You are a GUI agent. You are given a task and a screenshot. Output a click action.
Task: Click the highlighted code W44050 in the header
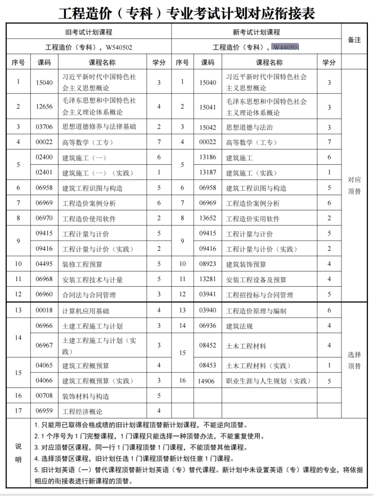pyautogui.click(x=284, y=47)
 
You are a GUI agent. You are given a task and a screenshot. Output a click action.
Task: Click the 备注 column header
pyautogui.click(x=354, y=40)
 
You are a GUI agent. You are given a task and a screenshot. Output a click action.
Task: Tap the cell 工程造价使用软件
pyautogui.click(x=92, y=218)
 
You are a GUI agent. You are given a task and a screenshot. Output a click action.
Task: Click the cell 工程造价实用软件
pyautogui.click(x=253, y=218)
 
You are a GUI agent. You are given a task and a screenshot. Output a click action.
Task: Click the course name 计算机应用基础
pyautogui.click(x=86, y=310)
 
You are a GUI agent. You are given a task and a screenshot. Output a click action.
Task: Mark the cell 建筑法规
pyautogui.click(x=240, y=326)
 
